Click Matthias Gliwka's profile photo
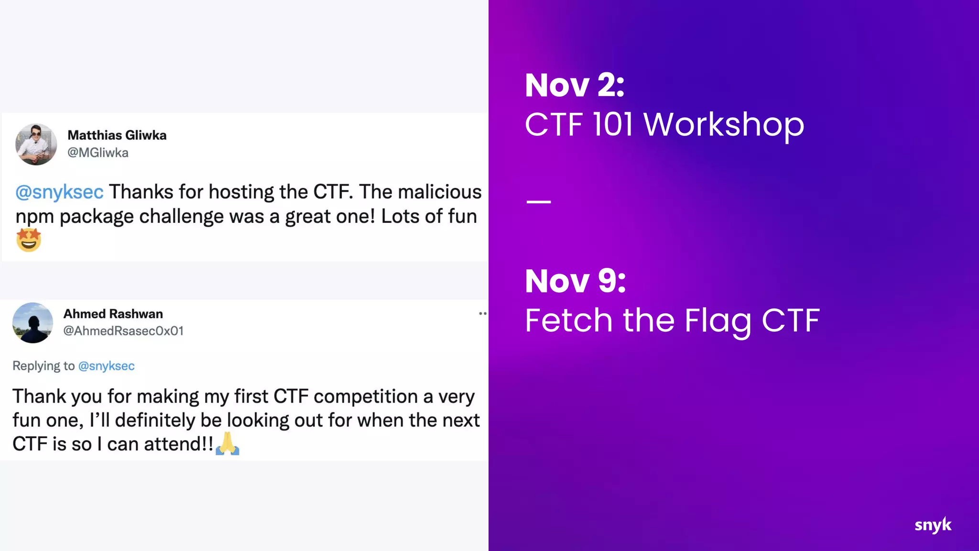[36, 144]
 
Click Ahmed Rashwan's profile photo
[33, 323]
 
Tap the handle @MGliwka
[98, 153]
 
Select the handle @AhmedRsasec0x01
[123, 331]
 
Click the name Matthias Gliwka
[117, 135]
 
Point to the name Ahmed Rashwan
[113, 314]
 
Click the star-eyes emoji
[29, 240]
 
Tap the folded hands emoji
[227, 443]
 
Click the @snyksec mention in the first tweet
[59, 192]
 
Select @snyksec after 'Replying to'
[106, 366]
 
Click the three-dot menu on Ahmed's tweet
[482, 314]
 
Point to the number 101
[613, 124]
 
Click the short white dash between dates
[539, 202]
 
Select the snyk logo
[933, 525]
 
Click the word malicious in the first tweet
[440, 192]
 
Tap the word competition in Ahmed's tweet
[366, 397]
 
